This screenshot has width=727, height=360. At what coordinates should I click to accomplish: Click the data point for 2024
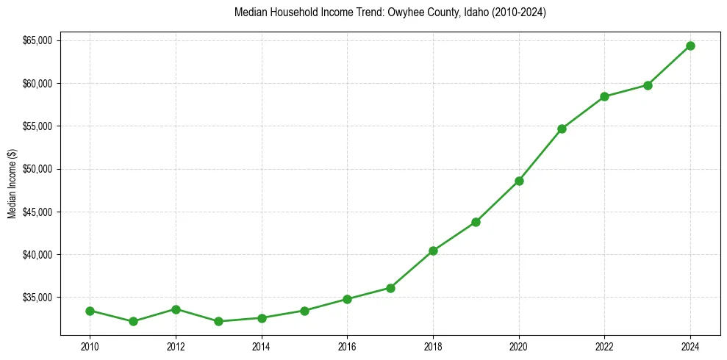pyautogui.click(x=690, y=46)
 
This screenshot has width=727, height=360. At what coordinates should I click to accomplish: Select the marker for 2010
pyautogui.click(x=90, y=311)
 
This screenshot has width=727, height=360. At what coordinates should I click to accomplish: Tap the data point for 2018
pyautogui.click(x=433, y=251)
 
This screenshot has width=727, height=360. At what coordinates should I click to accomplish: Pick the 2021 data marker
pyautogui.click(x=562, y=129)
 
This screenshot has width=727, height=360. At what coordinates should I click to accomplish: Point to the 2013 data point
pyautogui.click(x=218, y=321)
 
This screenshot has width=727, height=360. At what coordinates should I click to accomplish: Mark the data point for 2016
pyautogui.click(x=347, y=299)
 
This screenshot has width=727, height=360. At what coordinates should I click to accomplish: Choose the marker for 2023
pyautogui.click(x=648, y=85)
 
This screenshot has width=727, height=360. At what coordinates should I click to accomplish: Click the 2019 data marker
pyautogui.click(x=476, y=222)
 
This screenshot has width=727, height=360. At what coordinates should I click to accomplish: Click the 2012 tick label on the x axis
pyautogui.click(x=176, y=345)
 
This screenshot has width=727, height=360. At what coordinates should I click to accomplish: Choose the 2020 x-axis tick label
pyautogui.click(x=519, y=345)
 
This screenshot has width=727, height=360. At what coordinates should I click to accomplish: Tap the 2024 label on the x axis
pyautogui.click(x=690, y=345)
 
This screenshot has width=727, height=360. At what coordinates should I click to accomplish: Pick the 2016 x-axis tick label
pyautogui.click(x=347, y=345)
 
